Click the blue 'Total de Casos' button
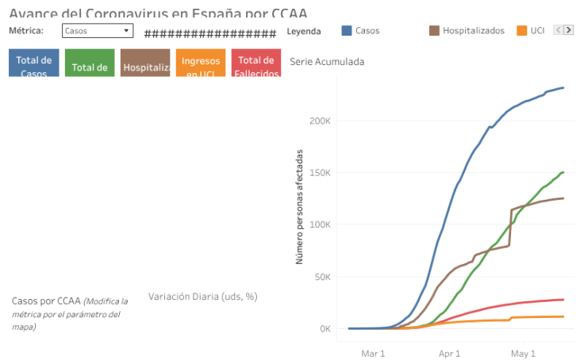point(34,63)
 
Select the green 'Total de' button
point(90,63)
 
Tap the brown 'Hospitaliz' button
point(145,63)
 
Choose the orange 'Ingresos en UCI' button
point(201,63)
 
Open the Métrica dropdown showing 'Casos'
point(98,31)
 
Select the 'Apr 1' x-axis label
point(448,353)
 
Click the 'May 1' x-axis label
point(523,353)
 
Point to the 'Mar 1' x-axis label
point(373,353)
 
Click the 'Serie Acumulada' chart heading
point(327,61)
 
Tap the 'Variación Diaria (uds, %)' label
point(202,297)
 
